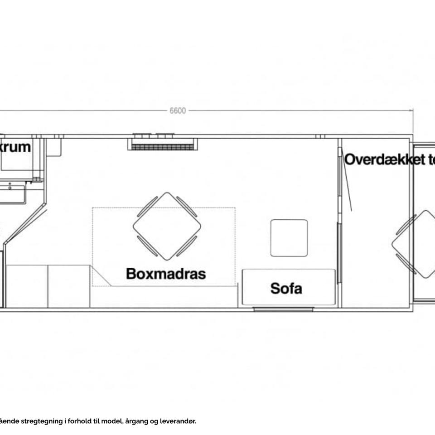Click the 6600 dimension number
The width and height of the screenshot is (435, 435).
(178, 111)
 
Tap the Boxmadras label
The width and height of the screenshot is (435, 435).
(166, 274)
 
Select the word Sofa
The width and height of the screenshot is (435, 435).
(286, 288)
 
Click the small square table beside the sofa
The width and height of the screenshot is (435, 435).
(289, 237)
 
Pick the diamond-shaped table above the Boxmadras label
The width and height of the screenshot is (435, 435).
(167, 226)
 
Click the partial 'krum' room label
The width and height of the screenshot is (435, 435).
(16, 147)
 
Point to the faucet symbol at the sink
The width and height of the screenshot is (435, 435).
(10, 185)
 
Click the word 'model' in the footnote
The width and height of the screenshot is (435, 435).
(112, 421)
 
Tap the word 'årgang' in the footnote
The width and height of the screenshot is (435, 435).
(135, 421)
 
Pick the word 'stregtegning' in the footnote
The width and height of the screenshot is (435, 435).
(41, 421)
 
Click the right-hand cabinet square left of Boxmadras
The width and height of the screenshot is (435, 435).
(69, 286)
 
